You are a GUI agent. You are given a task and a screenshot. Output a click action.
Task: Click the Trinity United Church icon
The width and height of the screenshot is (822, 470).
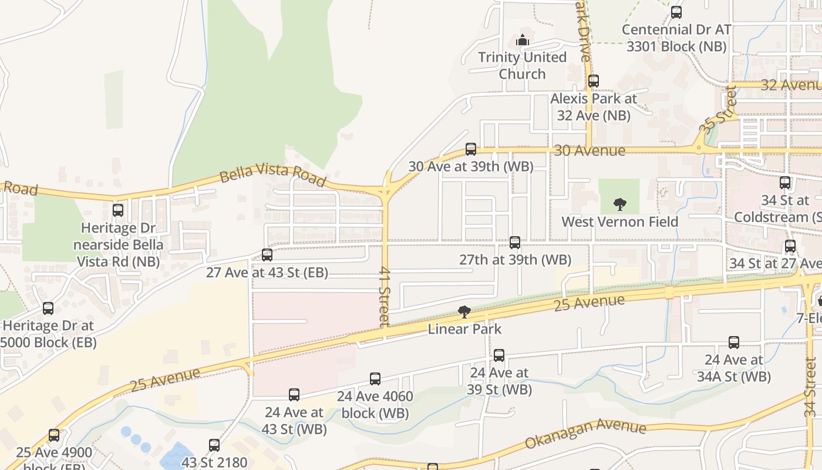[x=522, y=40]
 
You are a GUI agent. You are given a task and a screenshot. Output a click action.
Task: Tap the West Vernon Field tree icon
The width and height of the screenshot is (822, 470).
[x=619, y=204]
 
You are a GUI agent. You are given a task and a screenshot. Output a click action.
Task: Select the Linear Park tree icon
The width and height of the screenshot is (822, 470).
[x=464, y=311]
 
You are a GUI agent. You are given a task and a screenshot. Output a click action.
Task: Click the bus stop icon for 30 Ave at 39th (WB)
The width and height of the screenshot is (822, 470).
[x=471, y=149]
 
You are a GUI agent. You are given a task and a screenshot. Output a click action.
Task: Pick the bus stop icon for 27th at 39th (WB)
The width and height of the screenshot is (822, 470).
[x=515, y=242]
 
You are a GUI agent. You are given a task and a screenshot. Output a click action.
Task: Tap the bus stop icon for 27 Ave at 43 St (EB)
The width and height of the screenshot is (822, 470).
[x=267, y=255]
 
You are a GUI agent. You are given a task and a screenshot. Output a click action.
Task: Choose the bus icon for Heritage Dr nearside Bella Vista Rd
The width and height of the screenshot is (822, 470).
[x=118, y=210]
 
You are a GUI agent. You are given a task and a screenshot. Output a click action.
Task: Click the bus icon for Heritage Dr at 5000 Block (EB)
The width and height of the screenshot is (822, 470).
[x=48, y=308]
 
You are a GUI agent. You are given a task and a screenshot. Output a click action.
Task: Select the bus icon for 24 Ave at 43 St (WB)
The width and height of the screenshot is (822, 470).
[x=294, y=395]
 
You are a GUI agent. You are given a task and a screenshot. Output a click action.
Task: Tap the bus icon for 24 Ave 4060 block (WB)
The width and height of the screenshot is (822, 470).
[x=375, y=379]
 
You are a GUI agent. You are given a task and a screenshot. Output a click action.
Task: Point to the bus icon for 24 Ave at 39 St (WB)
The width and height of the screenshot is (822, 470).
[x=499, y=355]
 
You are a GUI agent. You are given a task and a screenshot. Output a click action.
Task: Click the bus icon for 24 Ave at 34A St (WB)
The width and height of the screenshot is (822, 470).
[x=734, y=342]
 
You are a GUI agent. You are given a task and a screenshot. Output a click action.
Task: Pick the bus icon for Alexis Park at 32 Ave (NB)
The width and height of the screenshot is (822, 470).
[x=594, y=81]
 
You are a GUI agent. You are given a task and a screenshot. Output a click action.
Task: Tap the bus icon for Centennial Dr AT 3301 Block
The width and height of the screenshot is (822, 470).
[x=676, y=12]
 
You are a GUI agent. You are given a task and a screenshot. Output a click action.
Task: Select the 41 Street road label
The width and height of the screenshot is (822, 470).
[x=385, y=297]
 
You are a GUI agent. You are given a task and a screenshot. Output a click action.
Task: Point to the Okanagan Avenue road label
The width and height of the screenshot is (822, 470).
[x=585, y=435]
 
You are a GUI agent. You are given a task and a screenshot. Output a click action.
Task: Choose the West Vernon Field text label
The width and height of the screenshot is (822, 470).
[x=619, y=221]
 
